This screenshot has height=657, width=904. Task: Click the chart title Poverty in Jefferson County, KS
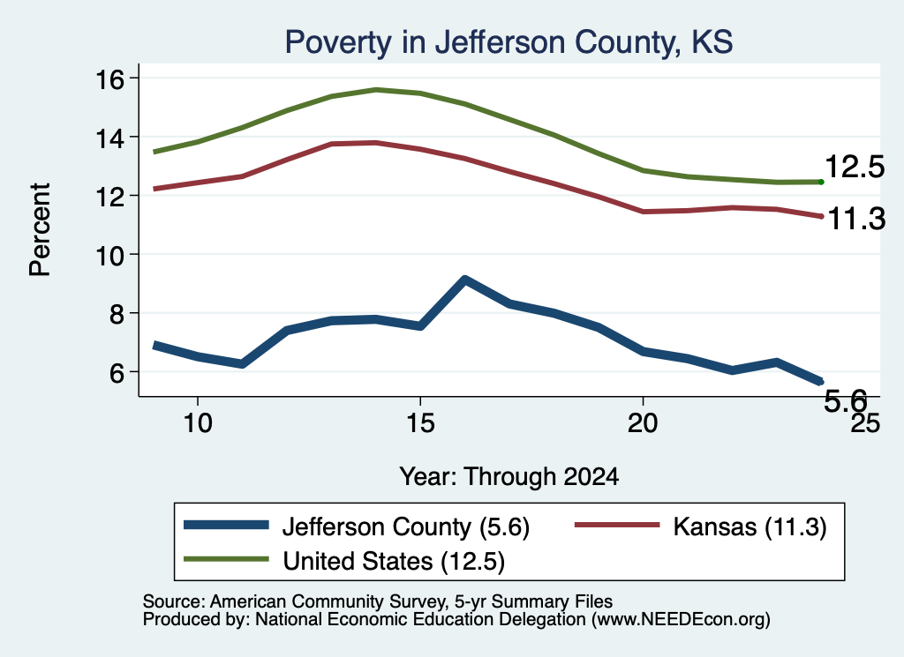[x=508, y=42]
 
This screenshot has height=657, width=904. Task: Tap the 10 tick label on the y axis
[x=109, y=255]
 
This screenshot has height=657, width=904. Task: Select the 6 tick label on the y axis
[x=117, y=372]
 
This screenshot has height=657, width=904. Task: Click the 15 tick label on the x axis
[x=420, y=423]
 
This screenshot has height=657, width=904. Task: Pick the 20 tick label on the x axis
[x=643, y=423]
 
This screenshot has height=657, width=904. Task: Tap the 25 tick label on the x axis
[x=865, y=423]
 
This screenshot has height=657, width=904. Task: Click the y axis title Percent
[x=40, y=229]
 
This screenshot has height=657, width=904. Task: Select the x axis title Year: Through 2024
[x=509, y=477]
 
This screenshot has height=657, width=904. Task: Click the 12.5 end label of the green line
[x=855, y=167]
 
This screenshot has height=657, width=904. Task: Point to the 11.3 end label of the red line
[x=856, y=220]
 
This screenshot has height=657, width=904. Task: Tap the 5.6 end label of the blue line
[x=845, y=400]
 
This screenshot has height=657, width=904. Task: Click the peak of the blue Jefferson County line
[x=464, y=280]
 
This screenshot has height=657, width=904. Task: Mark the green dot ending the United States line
[x=821, y=182]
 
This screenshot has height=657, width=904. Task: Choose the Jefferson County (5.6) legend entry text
[x=406, y=526]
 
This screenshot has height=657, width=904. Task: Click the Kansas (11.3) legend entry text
[x=750, y=526]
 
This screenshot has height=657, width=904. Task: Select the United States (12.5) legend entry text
[x=394, y=562]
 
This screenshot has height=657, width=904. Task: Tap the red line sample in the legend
[x=617, y=525]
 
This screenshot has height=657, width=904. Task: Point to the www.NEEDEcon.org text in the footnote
[x=681, y=620]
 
